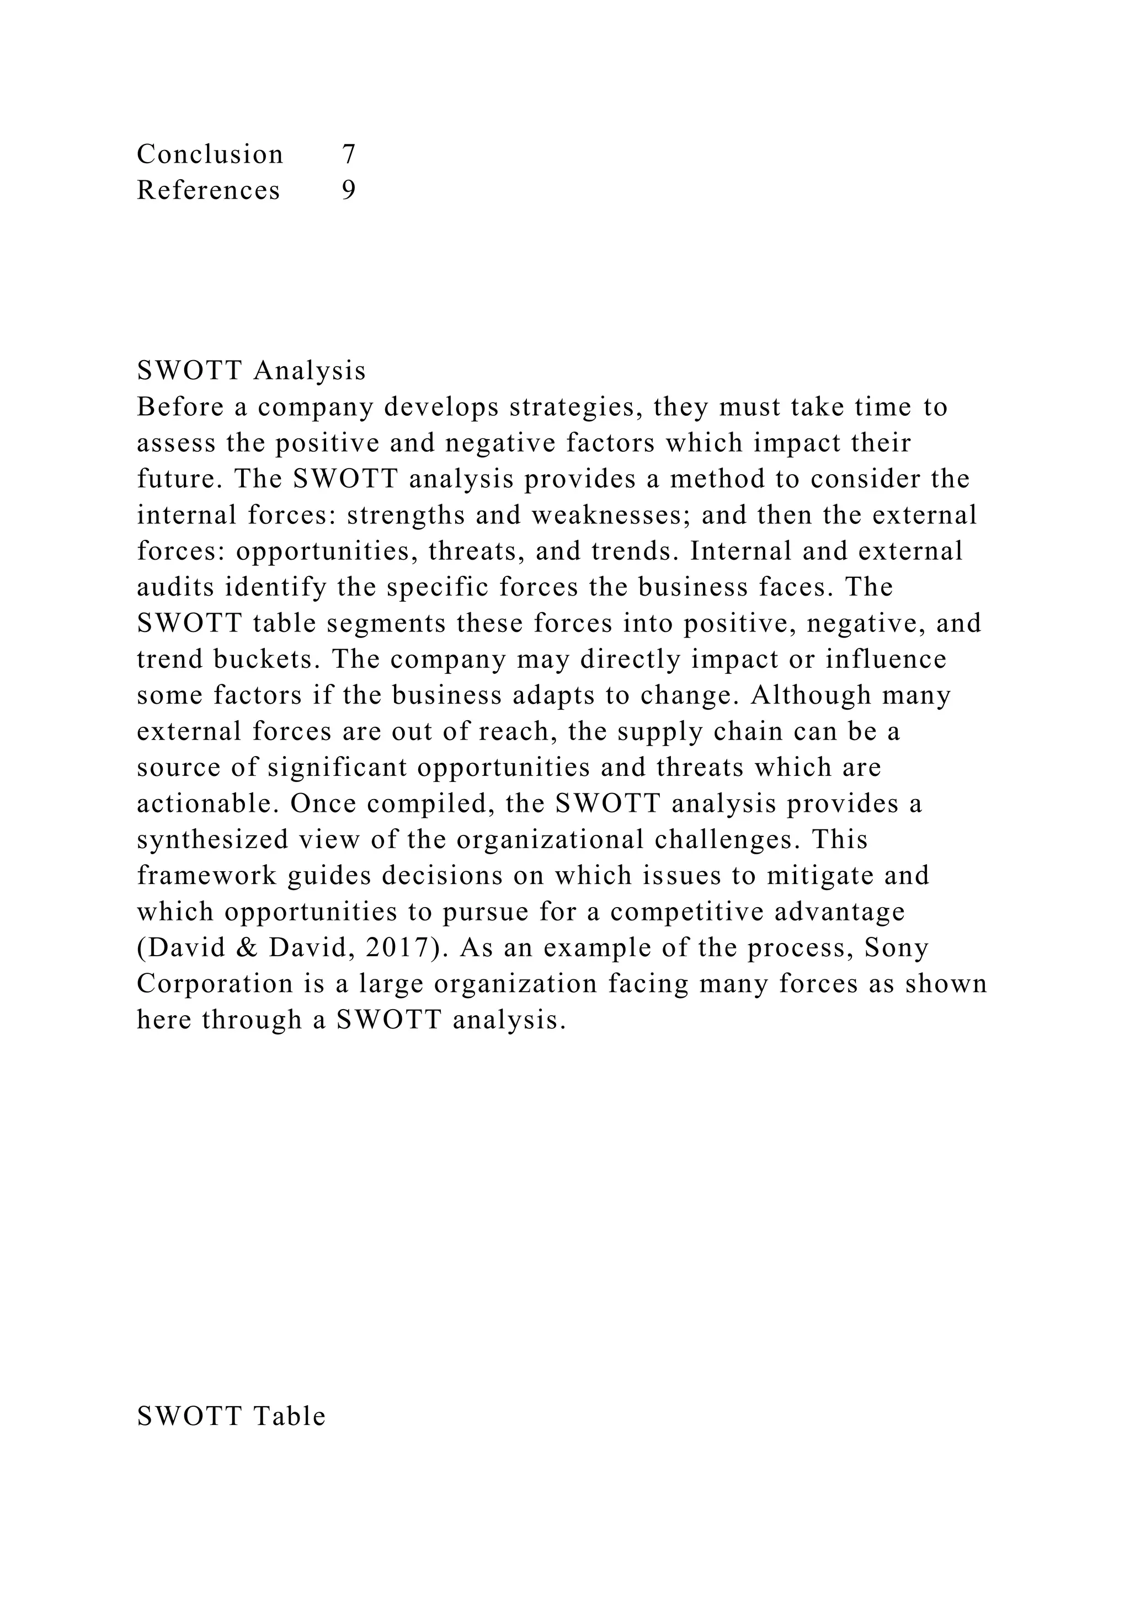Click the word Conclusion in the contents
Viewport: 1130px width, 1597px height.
click(x=210, y=154)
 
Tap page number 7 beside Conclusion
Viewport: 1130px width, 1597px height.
click(x=349, y=154)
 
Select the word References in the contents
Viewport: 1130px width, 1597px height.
click(x=208, y=191)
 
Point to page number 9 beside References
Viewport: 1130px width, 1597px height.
click(x=349, y=191)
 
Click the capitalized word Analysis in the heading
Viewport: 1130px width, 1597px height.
click(x=310, y=372)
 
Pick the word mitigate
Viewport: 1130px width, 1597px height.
click(x=815, y=876)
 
